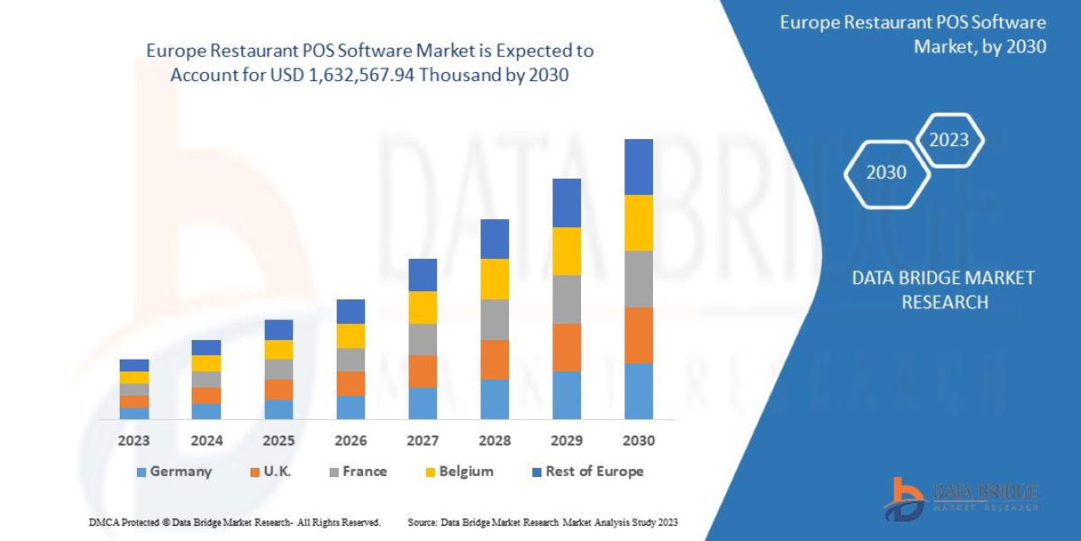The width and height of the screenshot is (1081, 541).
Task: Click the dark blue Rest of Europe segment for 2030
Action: coord(638,167)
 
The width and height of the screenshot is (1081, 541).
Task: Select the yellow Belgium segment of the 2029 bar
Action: coord(566,251)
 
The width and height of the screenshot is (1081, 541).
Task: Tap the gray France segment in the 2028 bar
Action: coord(495,319)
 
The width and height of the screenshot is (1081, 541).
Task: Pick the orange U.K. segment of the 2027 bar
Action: coord(422,371)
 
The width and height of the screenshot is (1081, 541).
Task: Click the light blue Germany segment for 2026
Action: coord(350,407)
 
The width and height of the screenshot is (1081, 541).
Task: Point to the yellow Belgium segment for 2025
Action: coord(278,349)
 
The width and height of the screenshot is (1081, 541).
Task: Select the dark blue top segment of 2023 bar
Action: coord(134,365)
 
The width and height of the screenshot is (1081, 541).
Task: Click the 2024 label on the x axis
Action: coord(206,441)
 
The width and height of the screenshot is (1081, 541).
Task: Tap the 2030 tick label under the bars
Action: coord(638,441)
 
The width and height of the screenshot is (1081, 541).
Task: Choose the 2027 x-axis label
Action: coord(422,441)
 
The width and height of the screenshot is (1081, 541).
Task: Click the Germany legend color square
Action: coord(141,472)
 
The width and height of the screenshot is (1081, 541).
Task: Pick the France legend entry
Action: coord(358,472)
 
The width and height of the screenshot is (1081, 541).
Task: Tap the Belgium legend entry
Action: coord(459,472)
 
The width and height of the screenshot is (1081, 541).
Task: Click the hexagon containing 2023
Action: coord(949,140)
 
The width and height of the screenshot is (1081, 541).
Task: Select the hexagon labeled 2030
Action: coord(886,172)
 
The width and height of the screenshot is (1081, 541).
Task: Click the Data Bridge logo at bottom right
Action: coord(959,499)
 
